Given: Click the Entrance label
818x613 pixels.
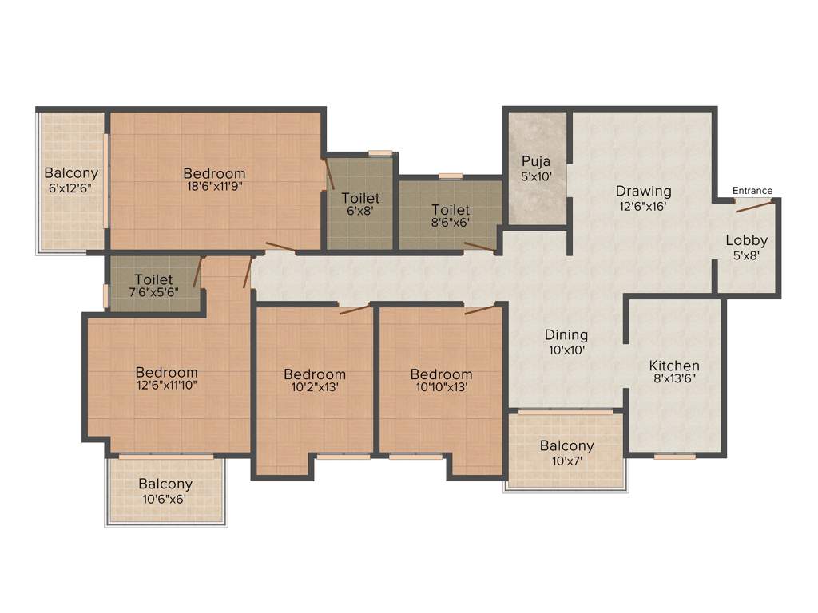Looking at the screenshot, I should (752, 191).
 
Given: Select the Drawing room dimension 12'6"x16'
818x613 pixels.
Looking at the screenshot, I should (643, 206).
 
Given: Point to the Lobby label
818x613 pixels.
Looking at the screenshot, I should (746, 240).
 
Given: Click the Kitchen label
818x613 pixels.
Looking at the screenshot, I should (674, 366).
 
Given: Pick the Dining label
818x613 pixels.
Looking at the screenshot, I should (566, 335).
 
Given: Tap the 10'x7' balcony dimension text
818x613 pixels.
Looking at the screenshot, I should (566, 460).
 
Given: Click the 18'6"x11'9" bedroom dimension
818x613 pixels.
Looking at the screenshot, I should (214, 187).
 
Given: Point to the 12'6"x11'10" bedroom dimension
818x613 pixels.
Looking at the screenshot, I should (166, 386).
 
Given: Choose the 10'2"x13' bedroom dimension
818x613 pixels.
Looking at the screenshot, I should (314, 388).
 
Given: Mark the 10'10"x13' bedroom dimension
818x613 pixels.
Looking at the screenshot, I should (441, 388).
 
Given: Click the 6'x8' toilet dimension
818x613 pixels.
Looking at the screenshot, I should (360, 212).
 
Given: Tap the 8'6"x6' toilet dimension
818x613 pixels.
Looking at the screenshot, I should (450, 225).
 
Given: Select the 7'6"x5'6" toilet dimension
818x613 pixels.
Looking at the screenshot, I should (153, 292).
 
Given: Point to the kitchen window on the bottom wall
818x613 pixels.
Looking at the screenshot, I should (675, 456).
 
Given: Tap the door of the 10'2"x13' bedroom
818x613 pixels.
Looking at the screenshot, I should (355, 309).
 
